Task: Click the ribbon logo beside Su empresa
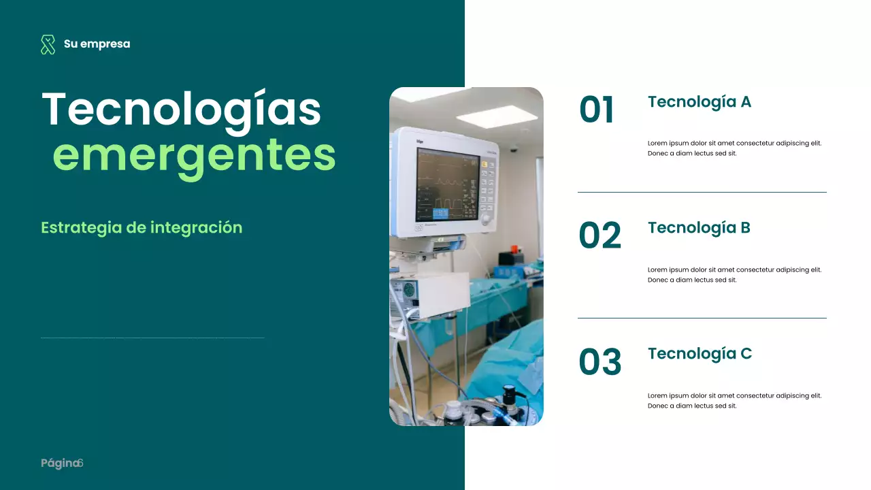click(48, 44)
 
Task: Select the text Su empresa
click(97, 44)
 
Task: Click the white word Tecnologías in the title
click(181, 110)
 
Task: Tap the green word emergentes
click(194, 156)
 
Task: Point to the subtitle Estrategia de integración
click(142, 227)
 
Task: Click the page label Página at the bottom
click(60, 463)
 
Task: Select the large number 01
click(597, 110)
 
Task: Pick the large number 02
click(599, 236)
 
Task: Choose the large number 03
click(599, 362)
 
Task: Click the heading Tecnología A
click(699, 102)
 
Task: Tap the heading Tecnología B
click(699, 228)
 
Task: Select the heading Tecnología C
click(700, 354)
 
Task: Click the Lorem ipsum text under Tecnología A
click(734, 148)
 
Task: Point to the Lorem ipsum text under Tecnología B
click(734, 275)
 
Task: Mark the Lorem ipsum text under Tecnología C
click(734, 401)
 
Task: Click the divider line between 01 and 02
click(702, 193)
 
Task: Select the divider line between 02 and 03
click(702, 318)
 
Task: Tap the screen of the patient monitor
click(447, 186)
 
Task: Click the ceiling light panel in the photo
click(497, 116)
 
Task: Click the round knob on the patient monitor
click(486, 219)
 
